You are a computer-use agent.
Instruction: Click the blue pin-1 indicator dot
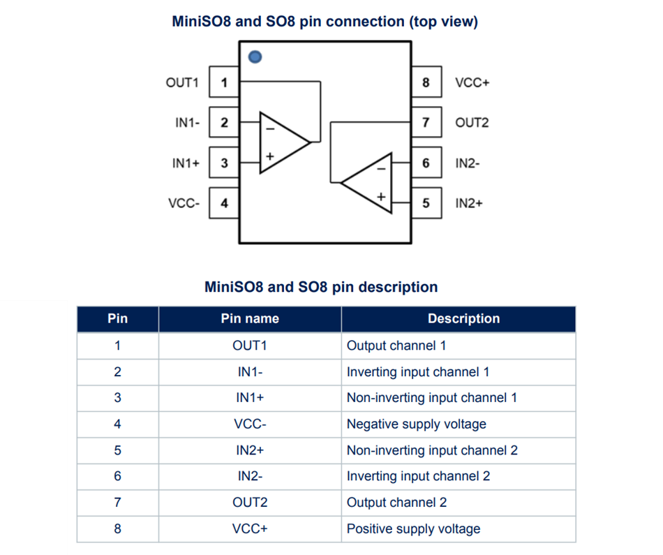[x=255, y=57]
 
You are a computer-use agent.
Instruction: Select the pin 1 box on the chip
[x=224, y=82]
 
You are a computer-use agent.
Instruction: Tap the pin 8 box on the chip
[x=426, y=82]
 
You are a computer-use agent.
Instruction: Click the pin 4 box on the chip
[x=224, y=204]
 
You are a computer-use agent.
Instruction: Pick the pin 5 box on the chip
[x=426, y=204]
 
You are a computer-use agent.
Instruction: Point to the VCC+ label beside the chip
[x=472, y=82]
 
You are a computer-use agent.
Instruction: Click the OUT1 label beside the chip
[x=182, y=82]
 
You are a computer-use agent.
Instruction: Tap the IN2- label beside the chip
[x=468, y=163]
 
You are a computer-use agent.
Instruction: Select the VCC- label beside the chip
[x=184, y=204]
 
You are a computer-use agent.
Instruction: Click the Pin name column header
[x=250, y=318]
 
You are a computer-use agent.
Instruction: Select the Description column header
[x=463, y=318]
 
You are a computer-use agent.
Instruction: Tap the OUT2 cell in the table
[x=250, y=502]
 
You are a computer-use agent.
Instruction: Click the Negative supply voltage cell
[x=416, y=424]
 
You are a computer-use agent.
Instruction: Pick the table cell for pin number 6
[x=117, y=476]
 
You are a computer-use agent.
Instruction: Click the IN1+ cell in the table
[x=250, y=397]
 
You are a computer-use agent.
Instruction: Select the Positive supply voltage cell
[x=413, y=528]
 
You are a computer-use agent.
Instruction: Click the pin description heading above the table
[x=321, y=287]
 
